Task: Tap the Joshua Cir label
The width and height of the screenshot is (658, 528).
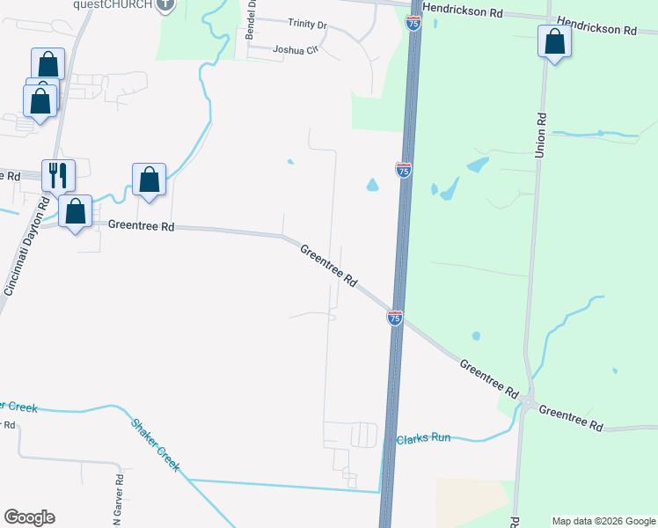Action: (294, 50)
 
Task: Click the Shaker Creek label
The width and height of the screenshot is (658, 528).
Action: (156, 444)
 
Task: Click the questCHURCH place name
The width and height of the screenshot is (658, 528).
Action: (112, 4)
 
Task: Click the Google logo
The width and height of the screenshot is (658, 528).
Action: (29, 517)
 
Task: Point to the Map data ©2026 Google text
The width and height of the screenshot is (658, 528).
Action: (603, 521)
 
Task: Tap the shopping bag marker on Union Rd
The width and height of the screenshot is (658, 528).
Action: (554, 42)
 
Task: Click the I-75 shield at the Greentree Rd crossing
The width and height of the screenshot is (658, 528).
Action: (395, 318)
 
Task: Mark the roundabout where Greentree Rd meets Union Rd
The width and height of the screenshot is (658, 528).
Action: (528, 403)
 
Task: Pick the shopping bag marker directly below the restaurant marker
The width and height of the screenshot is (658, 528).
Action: (77, 211)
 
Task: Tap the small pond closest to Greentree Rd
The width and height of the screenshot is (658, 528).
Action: (476, 335)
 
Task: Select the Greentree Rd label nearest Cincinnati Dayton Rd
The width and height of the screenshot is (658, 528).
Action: (142, 226)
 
